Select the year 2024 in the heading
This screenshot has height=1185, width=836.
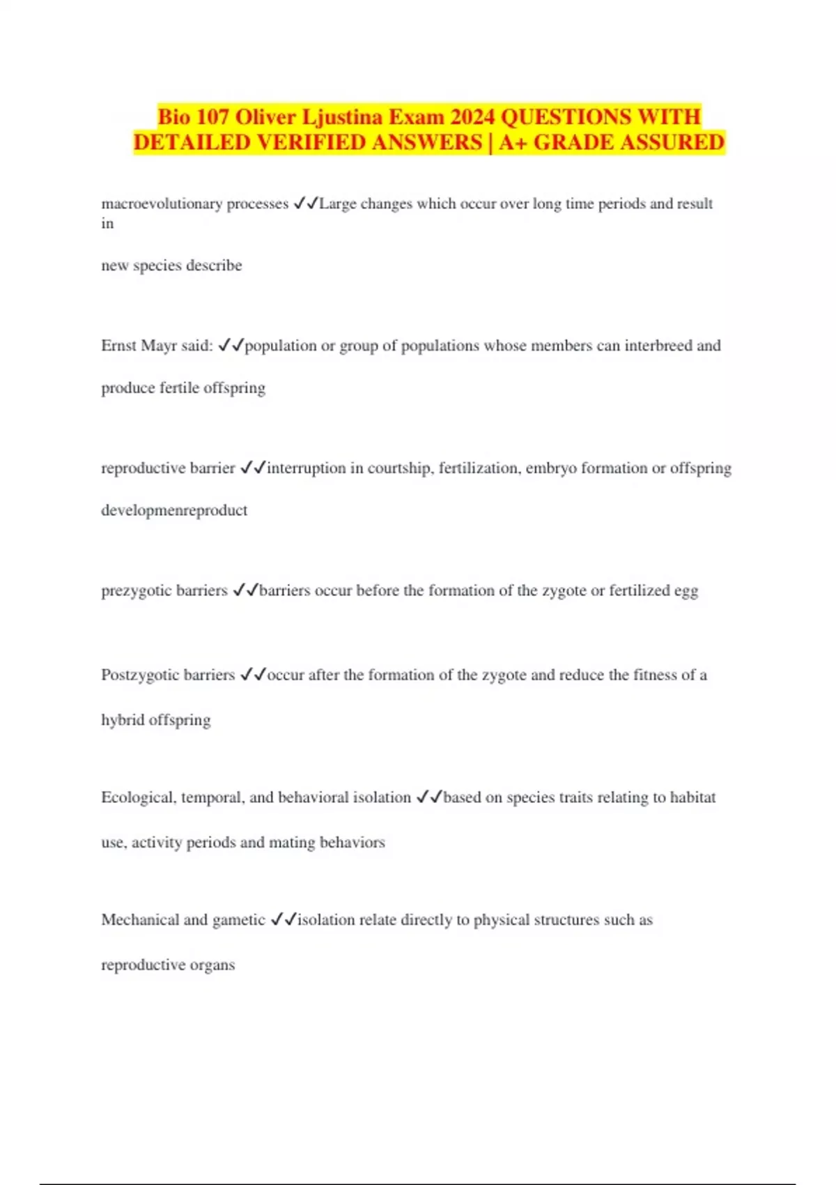click(x=472, y=116)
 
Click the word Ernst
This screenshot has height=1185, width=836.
click(x=119, y=346)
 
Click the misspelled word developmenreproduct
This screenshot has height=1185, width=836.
click(x=174, y=510)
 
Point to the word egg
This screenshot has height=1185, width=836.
click(x=686, y=591)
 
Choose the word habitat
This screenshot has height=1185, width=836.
click(x=692, y=797)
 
